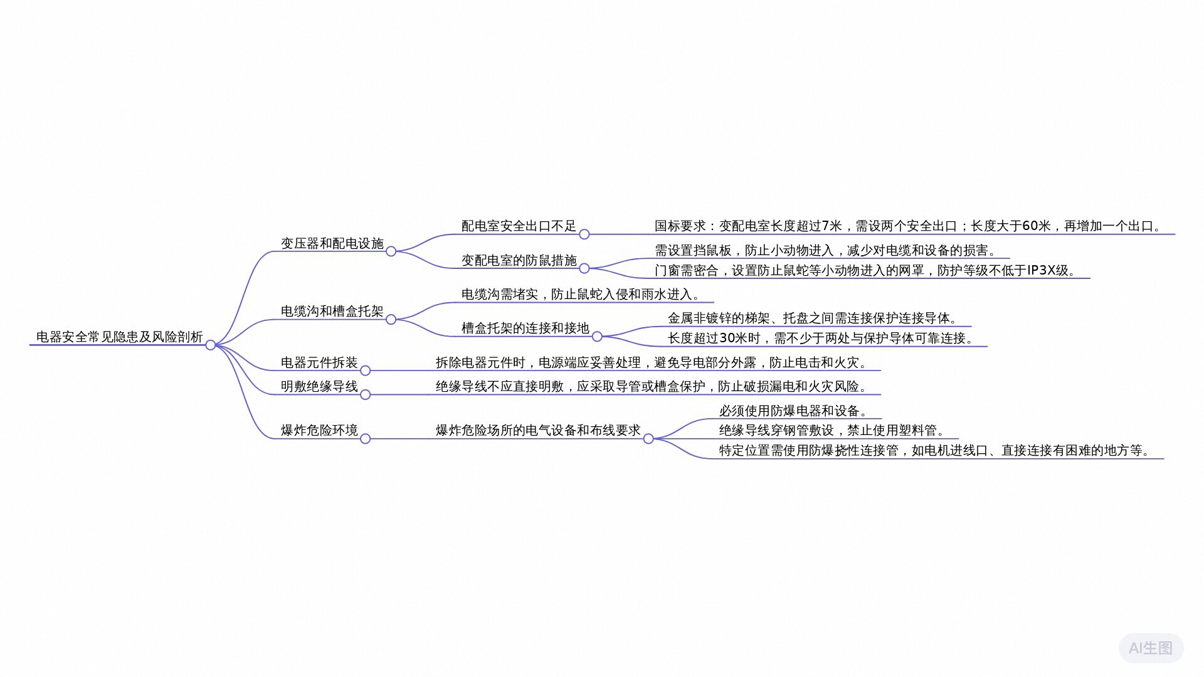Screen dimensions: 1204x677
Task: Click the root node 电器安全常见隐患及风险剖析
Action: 119,337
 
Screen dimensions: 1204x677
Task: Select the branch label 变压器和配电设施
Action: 332,243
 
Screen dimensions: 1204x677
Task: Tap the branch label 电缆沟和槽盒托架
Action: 332,311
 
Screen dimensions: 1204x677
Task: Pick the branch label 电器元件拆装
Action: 319,362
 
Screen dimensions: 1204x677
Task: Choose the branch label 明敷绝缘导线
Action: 319,386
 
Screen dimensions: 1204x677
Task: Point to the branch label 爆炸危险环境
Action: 319,430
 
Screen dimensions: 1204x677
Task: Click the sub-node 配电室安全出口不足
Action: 519,226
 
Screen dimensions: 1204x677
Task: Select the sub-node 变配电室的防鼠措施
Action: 519,260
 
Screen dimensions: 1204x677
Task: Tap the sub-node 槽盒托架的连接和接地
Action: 525,328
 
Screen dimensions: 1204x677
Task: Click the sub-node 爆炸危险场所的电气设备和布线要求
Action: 538,430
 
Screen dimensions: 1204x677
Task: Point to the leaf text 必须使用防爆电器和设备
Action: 793,411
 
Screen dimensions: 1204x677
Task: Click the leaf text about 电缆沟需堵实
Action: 580,294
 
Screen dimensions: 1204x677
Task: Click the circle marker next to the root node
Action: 211,345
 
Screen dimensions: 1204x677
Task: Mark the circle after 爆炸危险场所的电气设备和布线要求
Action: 648,439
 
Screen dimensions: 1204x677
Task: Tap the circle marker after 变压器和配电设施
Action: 391,251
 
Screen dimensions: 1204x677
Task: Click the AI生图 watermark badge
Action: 1151,648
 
